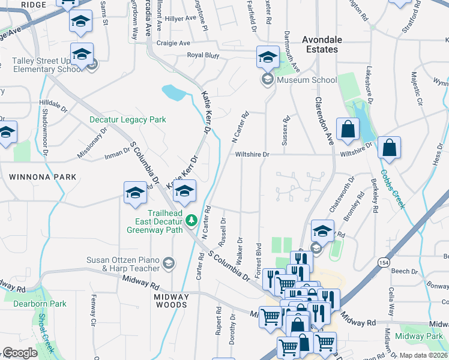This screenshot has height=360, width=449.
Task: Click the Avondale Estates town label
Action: click(322, 44)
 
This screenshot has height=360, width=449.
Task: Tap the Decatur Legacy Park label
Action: click(127, 119)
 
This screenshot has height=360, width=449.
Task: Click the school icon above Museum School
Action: click(268, 58)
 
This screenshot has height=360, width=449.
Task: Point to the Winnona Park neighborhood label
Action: click(43, 177)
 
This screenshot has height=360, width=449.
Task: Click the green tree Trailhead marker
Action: click(191, 220)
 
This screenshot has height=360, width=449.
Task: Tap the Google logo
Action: click(20, 353)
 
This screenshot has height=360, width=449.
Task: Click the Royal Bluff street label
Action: click(203, 55)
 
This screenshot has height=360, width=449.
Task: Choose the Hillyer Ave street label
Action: click(180, 18)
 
